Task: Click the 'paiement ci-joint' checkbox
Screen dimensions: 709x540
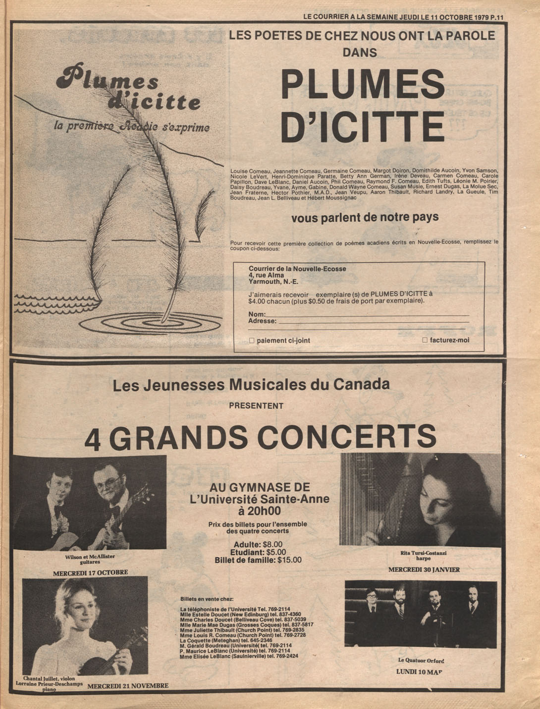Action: pos(252,341)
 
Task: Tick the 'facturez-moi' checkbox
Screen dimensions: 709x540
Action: pos(425,340)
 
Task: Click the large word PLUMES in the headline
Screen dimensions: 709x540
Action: pos(363,84)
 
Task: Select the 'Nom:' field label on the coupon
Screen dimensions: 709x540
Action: pos(257,314)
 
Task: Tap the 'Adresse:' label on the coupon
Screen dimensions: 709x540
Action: pos(262,321)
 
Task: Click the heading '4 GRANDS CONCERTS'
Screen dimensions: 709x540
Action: pos(260,437)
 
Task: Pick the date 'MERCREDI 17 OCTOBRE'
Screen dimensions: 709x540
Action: pos(90,572)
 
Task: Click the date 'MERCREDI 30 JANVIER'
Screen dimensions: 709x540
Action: pos(424,569)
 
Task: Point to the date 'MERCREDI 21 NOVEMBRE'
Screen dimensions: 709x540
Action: pos(128,686)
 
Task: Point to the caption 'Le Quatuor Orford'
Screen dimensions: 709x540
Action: pos(421,660)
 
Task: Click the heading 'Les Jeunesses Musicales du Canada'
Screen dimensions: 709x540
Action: pos(251,384)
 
